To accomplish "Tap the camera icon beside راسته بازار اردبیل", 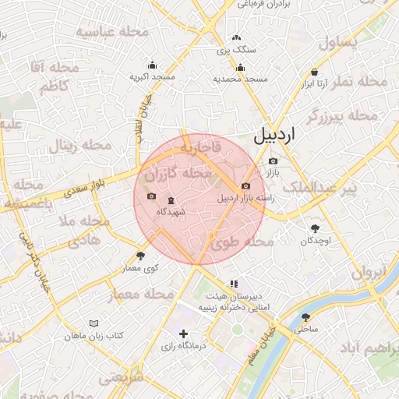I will [x=246, y=185].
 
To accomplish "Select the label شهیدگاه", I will [x=171, y=211].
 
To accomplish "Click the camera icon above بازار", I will [x=273, y=161].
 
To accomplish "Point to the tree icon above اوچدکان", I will [x=316, y=228].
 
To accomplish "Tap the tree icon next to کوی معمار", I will [x=141, y=256].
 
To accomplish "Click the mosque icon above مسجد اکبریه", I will [x=152, y=65].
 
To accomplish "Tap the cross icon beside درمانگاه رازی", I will [x=183, y=334].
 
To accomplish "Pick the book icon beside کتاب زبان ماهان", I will [x=94, y=323].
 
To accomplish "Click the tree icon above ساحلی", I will [x=305, y=317].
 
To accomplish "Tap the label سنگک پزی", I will [x=235, y=50].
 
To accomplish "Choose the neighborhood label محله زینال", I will [x=73, y=145].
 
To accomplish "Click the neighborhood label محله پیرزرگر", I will [x=342, y=116].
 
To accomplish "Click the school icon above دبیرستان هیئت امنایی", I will [x=234, y=284].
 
